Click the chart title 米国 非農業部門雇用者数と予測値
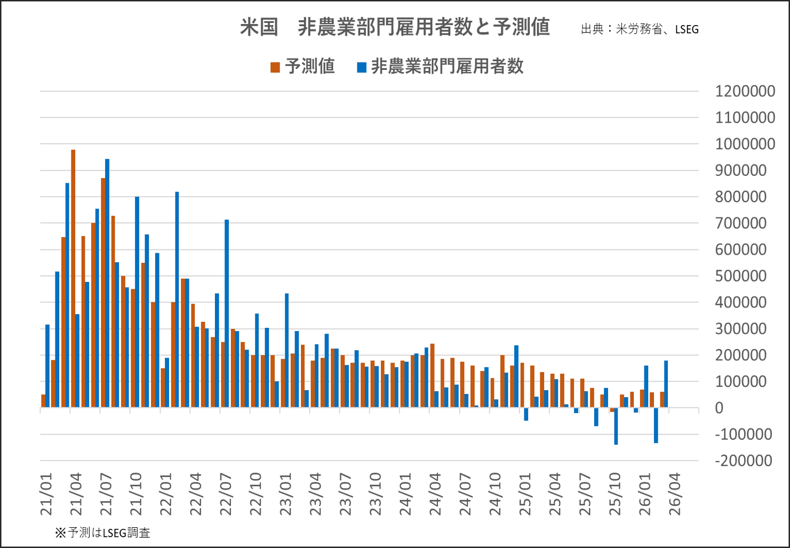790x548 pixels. [x=395, y=27]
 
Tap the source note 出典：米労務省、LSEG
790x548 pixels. [x=640, y=29]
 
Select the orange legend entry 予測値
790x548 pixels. [x=302, y=67]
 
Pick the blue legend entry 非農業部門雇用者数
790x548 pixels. [x=441, y=67]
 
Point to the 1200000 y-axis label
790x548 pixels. [x=745, y=91]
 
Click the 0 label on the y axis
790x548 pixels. [x=719, y=408]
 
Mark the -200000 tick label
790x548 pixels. [x=743, y=461]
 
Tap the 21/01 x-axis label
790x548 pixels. [x=47, y=494]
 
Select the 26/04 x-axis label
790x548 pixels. [x=676, y=494]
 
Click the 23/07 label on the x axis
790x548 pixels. [x=346, y=494]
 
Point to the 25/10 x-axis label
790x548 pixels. [x=616, y=494]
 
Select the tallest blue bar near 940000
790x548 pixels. [x=107, y=283]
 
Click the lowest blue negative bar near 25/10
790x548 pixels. [x=616, y=426]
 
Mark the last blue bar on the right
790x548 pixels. [x=666, y=384]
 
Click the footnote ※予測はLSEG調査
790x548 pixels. [x=102, y=533]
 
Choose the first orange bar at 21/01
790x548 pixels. [x=43, y=401]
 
